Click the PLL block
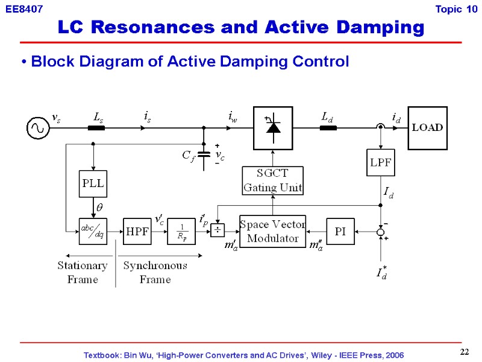point(93,184)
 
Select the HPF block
point(136,231)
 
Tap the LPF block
point(380,162)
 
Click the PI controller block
point(340,231)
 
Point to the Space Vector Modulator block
point(273,231)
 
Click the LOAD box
point(427,127)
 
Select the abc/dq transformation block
point(93,232)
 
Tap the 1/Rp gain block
point(181,231)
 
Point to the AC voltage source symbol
point(37,128)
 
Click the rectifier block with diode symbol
point(273,127)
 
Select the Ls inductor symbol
point(96,127)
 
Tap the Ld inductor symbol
point(328,127)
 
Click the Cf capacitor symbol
point(204,154)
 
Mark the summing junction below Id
point(380,232)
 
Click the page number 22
point(464,352)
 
